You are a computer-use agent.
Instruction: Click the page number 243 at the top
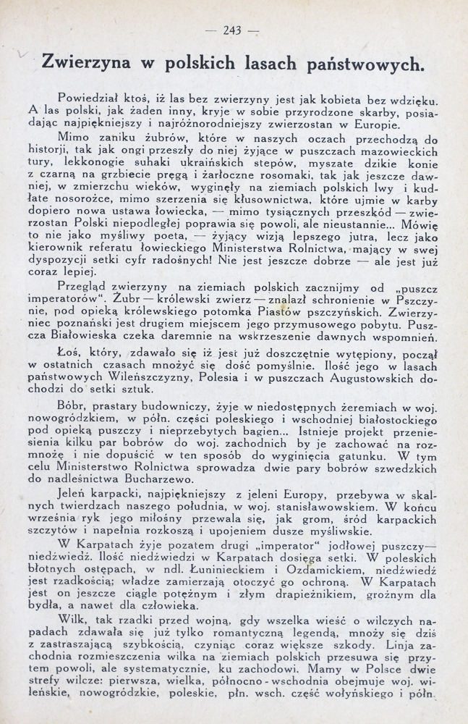coord(232,30)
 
